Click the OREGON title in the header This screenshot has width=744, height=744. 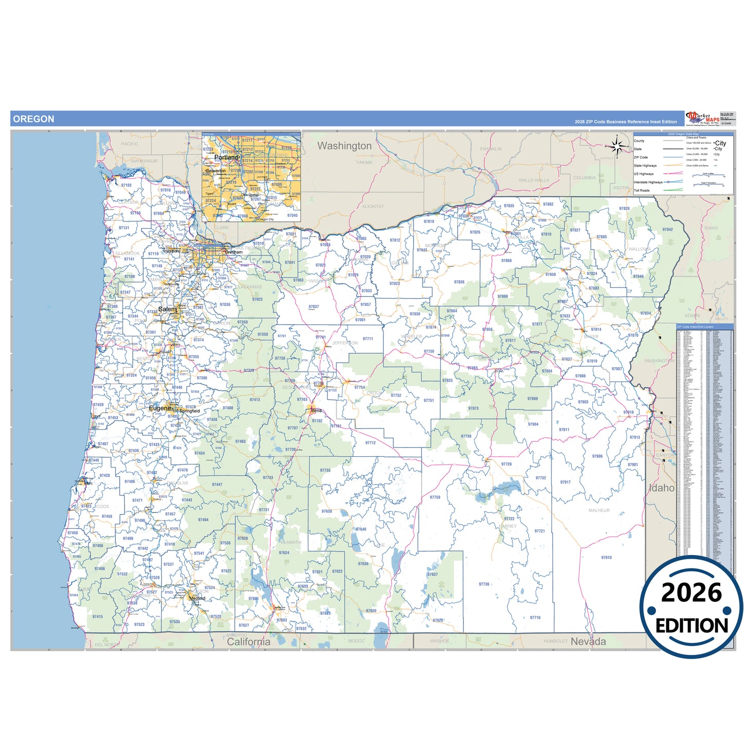(33, 119)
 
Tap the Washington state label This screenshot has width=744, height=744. (344, 146)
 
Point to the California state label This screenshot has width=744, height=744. (248, 642)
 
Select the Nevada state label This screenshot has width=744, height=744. (588, 642)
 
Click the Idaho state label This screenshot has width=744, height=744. (662, 488)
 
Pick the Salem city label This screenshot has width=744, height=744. (167, 309)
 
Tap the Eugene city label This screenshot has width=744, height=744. (160, 408)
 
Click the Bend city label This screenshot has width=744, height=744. (316, 410)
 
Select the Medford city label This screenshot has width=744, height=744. (197, 598)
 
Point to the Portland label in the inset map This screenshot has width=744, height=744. (227, 157)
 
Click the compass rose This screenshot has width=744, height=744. (620, 147)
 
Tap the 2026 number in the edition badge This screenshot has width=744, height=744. (691, 593)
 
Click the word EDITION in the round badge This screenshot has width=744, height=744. (691, 626)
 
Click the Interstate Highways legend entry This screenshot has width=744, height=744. (648, 182)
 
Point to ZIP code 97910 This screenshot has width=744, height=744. (606, 558)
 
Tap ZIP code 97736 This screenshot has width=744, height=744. (484, 584)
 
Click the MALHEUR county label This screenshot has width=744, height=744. (599, 510)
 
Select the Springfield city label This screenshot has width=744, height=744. (190, 411)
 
